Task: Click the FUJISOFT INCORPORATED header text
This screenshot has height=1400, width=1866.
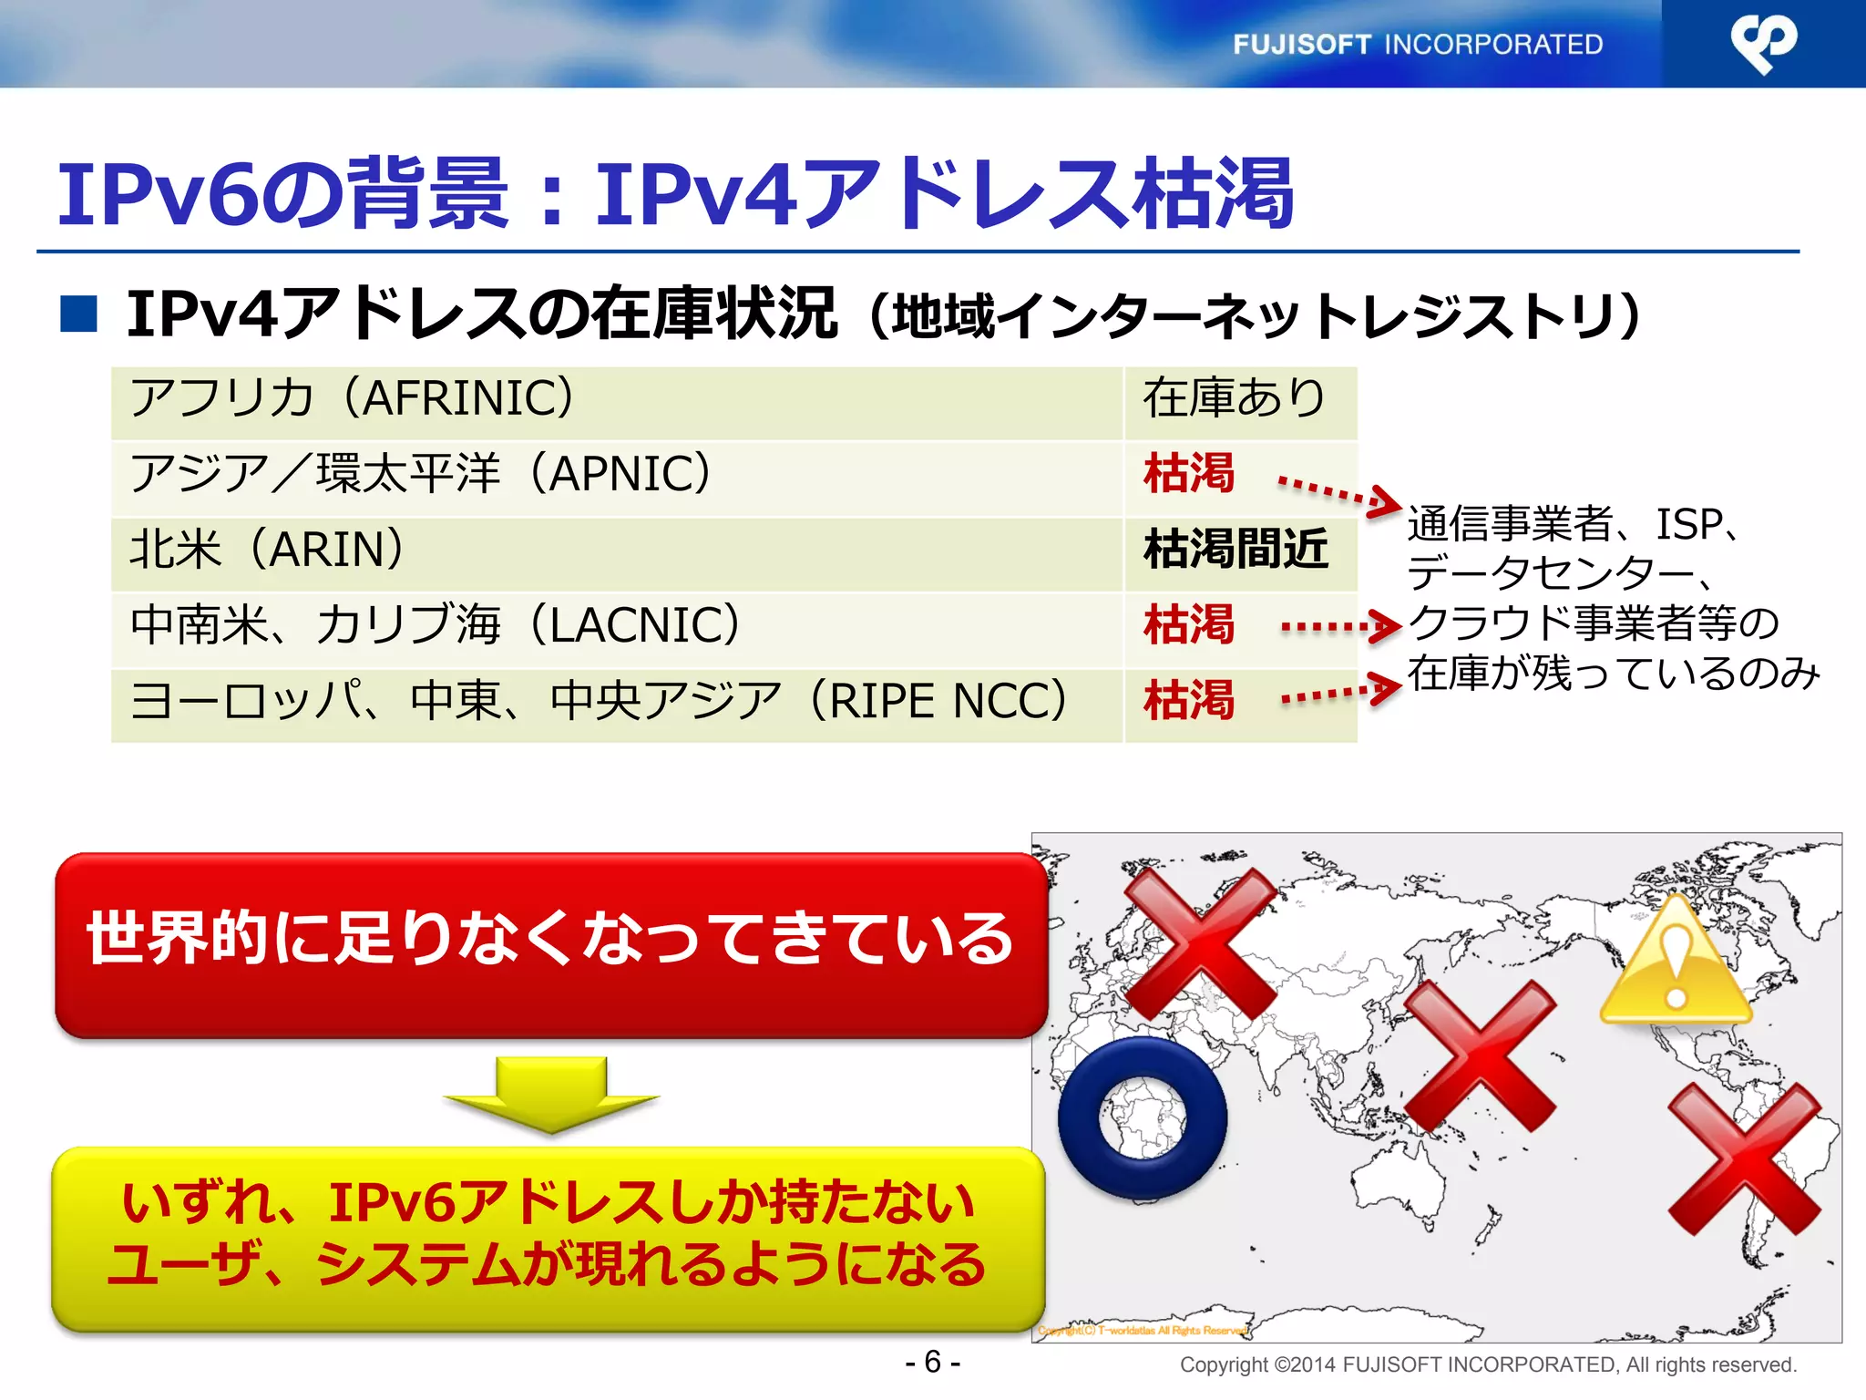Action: tap(1417, 44)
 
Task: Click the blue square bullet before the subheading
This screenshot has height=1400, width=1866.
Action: tap(79, 314)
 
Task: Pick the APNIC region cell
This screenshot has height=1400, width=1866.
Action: tap(616, 476)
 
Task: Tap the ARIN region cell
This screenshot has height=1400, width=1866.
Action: tap(616, 551)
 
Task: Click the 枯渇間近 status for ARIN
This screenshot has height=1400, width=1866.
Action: tap(1236, 551)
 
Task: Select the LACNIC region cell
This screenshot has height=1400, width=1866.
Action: tap(616, 627)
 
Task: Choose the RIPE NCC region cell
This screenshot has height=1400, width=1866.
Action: tap(616, 703)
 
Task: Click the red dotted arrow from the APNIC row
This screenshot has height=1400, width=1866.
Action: tap(1338, 494)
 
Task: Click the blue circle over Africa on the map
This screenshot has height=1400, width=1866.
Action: tap(1143, 1117)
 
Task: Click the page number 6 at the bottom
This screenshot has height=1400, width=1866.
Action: tap(932, 1362)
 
